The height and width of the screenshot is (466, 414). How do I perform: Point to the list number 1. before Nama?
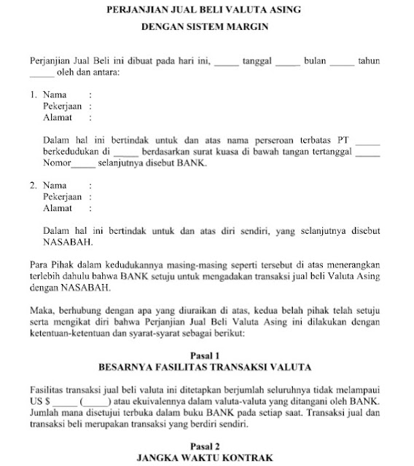click(34, 95)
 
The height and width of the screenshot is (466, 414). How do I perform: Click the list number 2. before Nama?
click(34, 186)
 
